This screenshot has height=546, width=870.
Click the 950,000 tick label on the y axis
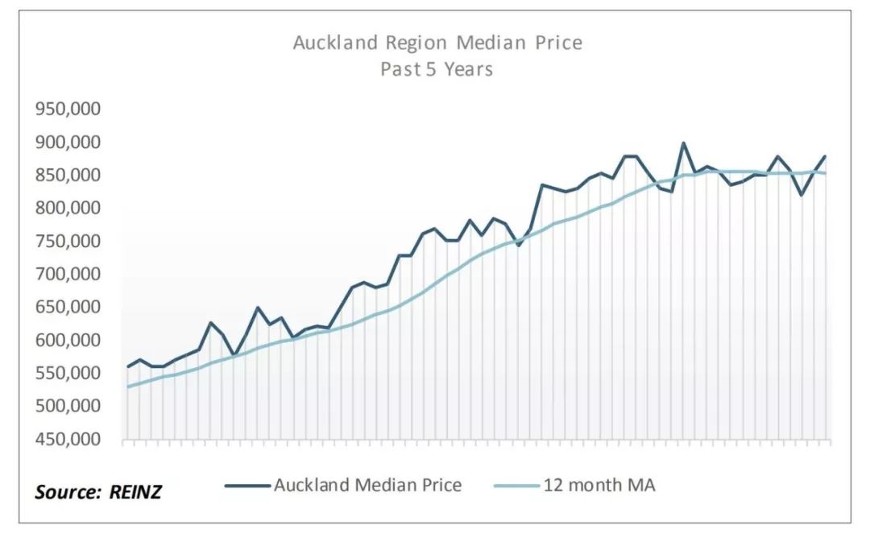pos(67,110)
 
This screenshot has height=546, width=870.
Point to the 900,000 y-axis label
pos(67,143)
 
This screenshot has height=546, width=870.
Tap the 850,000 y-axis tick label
pos(67,176)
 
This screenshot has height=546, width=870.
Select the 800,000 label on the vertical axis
pos(67,209)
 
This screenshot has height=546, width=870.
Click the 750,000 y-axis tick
pos(67,242)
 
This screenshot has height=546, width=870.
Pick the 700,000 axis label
pos(67,275)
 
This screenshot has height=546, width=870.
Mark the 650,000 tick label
pos(67,308)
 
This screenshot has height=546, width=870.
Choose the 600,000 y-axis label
pos(67,341)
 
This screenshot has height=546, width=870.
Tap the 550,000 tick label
pos(67,374)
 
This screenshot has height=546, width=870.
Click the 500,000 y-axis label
pos(67,407)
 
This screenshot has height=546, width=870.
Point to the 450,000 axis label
pos(67,440)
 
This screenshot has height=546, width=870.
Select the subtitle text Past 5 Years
pos(436,69)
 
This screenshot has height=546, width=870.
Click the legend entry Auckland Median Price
pos(367,485)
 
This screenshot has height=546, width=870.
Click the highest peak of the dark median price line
pos(684,143)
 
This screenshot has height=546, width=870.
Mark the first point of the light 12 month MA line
pos(128,387)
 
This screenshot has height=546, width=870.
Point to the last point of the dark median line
pos(826,156)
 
